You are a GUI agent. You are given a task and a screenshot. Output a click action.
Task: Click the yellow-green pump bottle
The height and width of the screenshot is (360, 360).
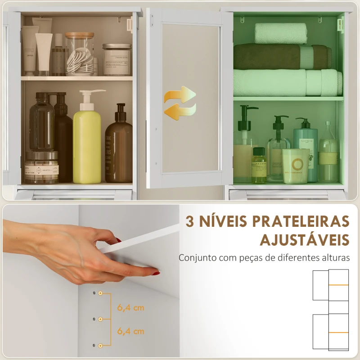coord(87,144)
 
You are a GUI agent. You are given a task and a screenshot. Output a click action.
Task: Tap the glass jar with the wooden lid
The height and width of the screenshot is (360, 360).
coord(80,54)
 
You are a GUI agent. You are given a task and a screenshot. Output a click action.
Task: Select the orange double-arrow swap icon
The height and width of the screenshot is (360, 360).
coord(180,103)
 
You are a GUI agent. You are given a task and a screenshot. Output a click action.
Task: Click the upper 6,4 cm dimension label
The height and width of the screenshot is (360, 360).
coord(130,308)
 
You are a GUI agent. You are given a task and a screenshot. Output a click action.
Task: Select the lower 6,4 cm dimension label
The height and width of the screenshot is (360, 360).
coord(130,331)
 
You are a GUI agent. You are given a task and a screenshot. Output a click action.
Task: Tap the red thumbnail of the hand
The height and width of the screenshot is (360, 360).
coord(156,273)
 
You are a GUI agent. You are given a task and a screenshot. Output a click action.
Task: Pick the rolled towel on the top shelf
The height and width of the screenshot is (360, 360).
coord(281,33)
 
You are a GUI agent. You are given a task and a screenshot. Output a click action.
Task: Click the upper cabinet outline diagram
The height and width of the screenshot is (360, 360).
coord(331,285)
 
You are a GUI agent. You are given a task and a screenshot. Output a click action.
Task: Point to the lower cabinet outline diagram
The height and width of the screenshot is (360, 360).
coord(331,332)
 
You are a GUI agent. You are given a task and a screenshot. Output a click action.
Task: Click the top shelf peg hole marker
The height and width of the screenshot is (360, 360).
coord(100,293)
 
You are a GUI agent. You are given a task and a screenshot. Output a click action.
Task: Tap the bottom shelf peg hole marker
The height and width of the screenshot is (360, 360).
coord(100,345)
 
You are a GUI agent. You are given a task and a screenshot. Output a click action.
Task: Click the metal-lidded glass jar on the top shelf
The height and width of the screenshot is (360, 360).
coord(117,59)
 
